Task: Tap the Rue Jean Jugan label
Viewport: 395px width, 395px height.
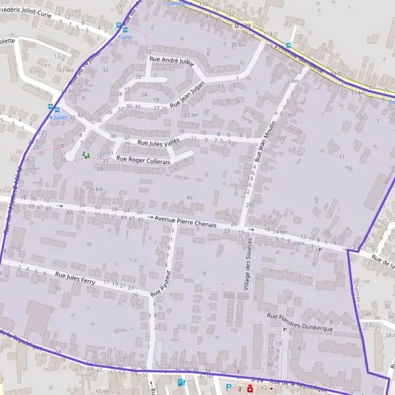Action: [188, 94]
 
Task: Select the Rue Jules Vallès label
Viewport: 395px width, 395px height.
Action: [159, 142]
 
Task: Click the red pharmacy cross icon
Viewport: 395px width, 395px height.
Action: [250, 388]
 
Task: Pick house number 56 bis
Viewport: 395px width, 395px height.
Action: [96, 189]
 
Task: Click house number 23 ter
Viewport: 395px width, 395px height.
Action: [191, 115]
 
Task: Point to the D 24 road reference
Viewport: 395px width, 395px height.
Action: [258, 381]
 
